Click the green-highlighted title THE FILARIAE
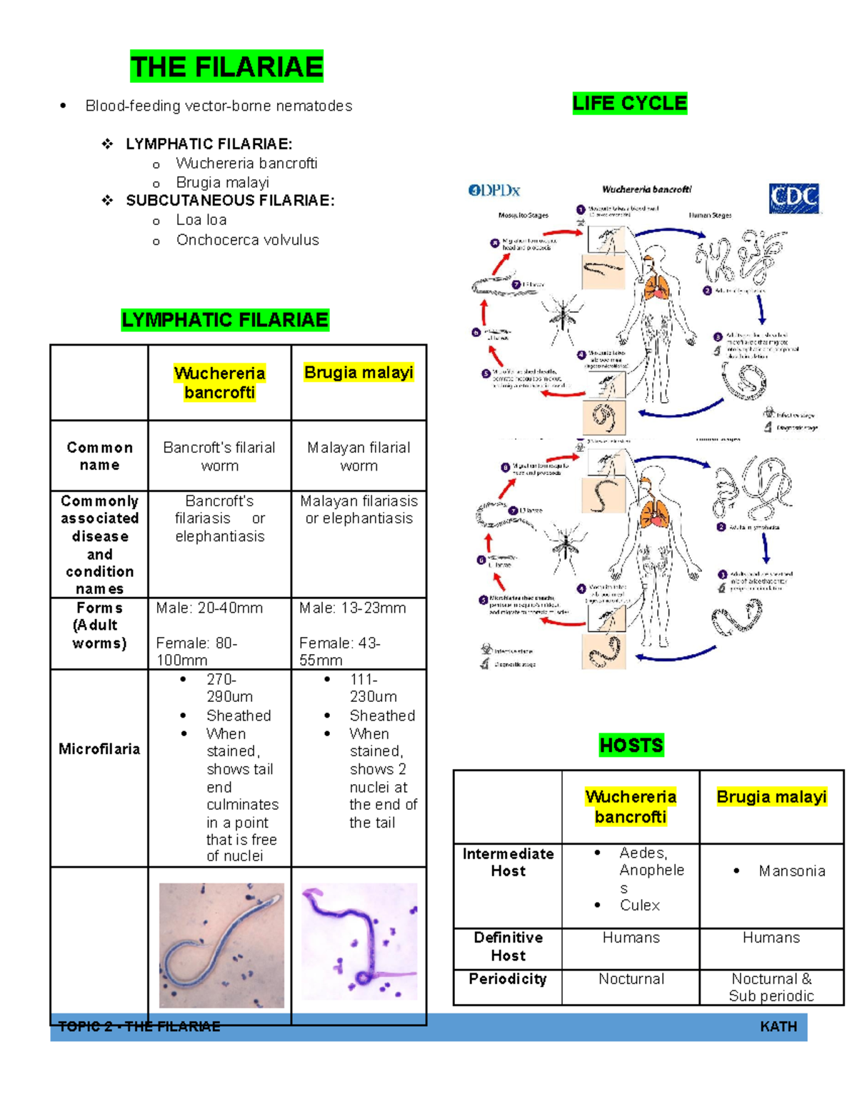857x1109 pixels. pyautogui.click(x=226, y=67)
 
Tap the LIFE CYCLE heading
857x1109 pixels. pyautogui.click(x=629, y=104)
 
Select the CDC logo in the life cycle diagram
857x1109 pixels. pyautogui.click(x=793, y=198)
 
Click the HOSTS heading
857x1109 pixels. pyautogui.click(x=631, y=746)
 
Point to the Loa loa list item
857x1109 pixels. pyautogui.click(x=201, y=220)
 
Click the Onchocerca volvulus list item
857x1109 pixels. pyautogui.click(x=247, y=240)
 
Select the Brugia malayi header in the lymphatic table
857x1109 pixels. pyautogui.click(x=359, y=373)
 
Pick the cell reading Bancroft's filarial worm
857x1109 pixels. pyautogui.click(x=219, y=456)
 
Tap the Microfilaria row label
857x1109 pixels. pyautogui.click(x=99, y=749)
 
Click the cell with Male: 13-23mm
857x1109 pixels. pyautogui.click(x=352, y=608)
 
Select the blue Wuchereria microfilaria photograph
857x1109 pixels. pyautogui.click(x=221, y=945)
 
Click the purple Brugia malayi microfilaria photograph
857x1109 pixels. pyautogui.click(x=359, y=941)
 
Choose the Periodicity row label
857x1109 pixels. pyautogui.click(x=508, y=979)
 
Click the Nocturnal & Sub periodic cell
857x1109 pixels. pyautogui.click(x=771, y=987)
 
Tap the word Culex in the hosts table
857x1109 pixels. pyautogui.click(x=639, y=905)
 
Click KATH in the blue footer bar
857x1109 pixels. pyautogui.click(x=778, y=1027)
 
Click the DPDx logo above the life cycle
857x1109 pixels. pyautogui.click(x=494, y=191)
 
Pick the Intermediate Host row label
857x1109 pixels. pyautogui.click(x=508, y=863)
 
